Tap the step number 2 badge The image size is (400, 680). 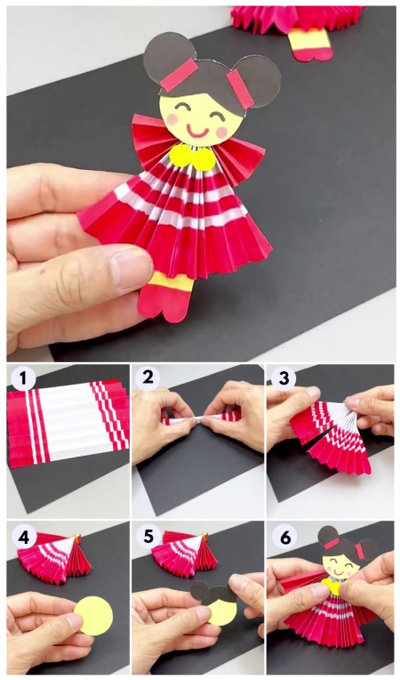click(x=148, y=376)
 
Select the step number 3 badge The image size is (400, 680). click(x=284, y=378)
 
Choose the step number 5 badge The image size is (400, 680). click(x=148, y=537)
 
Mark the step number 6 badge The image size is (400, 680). click(x=284, y=538)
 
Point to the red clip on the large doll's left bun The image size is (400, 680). click(x=180, y=75)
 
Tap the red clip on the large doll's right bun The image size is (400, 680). click(x=240, y=89)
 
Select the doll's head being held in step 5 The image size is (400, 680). click(x=214, y=601)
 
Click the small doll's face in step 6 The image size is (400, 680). click(x=340, y=563)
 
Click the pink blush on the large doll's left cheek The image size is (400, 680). click(x=173, y=119)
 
